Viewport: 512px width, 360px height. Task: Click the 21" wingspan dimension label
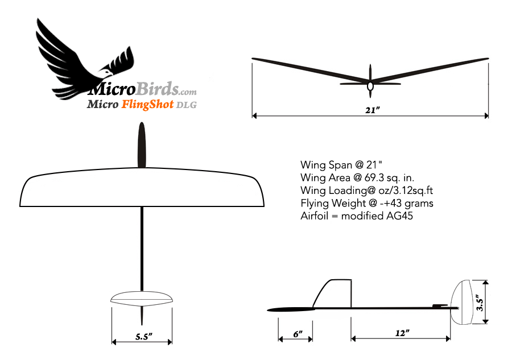(372, 110)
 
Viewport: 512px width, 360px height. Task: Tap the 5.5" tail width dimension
(144, 337)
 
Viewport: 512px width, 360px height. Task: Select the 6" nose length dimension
(298, 334)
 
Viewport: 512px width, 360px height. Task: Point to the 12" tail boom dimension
(402, 333)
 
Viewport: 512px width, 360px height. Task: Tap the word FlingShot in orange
(147, 105)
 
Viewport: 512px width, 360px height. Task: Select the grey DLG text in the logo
(187, 105)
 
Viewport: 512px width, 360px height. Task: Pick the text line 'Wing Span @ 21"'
(341, 165)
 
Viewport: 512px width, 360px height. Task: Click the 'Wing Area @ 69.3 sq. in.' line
(357, 177)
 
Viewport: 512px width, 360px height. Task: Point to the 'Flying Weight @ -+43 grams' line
(367, 203)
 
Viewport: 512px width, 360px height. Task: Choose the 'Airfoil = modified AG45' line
(357, 216)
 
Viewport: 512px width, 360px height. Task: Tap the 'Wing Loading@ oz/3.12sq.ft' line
(367, 191)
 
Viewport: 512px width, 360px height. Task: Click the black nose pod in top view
(142, 145)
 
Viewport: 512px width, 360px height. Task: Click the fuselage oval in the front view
(370, 86)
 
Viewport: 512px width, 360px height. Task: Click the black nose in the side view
(291, 310)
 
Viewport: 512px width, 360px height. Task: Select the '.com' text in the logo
(188, 92)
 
